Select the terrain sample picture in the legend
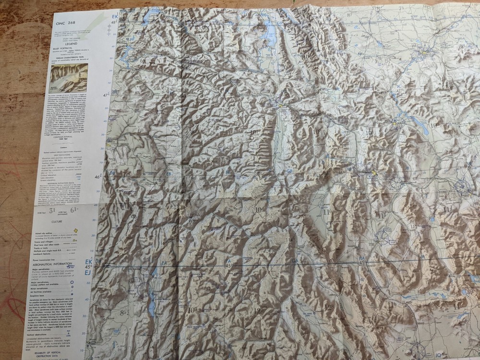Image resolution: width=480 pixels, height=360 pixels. pos(70,78)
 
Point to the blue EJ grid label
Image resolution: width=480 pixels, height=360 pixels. pos(88,273)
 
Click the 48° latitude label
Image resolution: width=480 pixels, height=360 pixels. pos(114,23)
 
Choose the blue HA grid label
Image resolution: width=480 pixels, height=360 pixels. pos(361,258)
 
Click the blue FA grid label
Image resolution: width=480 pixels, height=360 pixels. pos(164,263)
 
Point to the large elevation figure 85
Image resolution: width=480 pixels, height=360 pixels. pos(124,313)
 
